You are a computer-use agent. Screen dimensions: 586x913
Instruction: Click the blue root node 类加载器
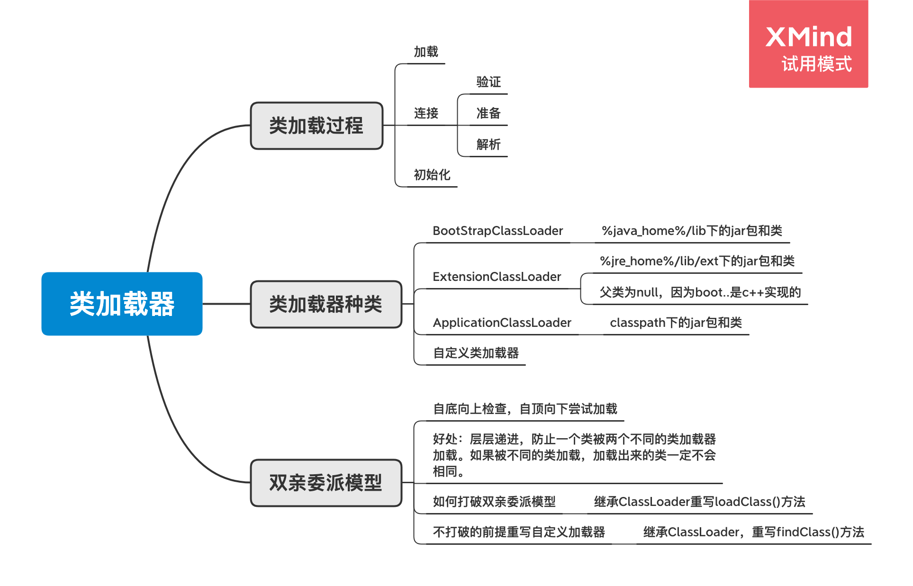pos(122,304)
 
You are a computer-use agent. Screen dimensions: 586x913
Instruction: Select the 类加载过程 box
pos(316,126)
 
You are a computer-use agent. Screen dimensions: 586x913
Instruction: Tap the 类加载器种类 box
pos(326,304)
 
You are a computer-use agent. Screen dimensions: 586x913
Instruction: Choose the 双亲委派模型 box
pos(326,483)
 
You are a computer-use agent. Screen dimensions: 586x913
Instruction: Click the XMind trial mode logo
pos(808,44)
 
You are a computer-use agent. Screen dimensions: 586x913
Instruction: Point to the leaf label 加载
pos(426,52)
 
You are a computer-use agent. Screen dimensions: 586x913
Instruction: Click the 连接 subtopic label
pos(426,113)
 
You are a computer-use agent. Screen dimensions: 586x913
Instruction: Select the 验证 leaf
pos(488,82)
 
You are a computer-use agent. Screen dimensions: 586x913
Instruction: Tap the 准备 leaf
pos(488,113)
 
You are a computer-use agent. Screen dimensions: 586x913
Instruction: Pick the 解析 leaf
pos(488,144)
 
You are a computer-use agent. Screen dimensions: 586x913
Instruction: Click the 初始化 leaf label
pos(432,175)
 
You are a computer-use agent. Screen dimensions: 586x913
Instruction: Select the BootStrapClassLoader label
pos(497,231)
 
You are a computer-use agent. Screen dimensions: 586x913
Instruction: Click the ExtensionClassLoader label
pos(497,277)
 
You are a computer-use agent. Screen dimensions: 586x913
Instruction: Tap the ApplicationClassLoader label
pos(502,323)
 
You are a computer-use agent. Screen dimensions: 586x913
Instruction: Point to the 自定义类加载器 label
pos(476,353)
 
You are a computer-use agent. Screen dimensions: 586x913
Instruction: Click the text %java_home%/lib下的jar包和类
pos(692,231)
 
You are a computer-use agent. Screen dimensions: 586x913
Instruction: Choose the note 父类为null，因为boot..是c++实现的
pos(700,292)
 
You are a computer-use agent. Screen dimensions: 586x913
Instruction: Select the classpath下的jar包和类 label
pos(676,323)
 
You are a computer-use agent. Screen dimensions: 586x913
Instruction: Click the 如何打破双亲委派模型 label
pos(494,502)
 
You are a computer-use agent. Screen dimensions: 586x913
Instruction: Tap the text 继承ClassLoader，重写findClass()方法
pos(753,532)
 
